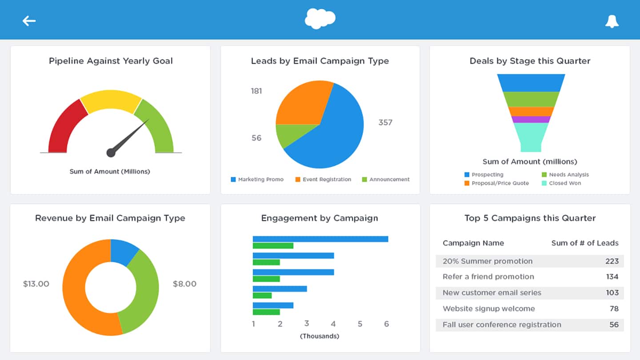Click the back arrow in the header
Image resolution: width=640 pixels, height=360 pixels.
(29, 20)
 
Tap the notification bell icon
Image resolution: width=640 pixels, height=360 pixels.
(612, 21)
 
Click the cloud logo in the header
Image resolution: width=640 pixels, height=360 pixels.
(320, 19)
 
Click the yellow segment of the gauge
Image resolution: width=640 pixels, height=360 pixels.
(111, 100)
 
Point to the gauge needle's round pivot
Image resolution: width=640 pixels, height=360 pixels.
(111, 153)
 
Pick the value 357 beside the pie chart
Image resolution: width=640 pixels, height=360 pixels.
(385, 122)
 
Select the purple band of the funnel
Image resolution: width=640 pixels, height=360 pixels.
(531, 119)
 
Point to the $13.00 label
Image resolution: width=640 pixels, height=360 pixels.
(36, 284)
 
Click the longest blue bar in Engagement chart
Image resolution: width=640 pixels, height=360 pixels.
(320, 239)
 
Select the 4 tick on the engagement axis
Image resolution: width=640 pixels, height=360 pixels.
(333, 324)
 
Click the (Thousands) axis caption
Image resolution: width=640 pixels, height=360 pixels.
(320, 336)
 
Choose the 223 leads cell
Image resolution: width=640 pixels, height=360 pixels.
(612, 261)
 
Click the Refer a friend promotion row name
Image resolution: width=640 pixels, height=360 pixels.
(488, 276)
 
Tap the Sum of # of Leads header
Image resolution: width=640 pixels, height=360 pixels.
(584, 243)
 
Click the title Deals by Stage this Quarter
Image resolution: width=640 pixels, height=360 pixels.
(530, 61)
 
